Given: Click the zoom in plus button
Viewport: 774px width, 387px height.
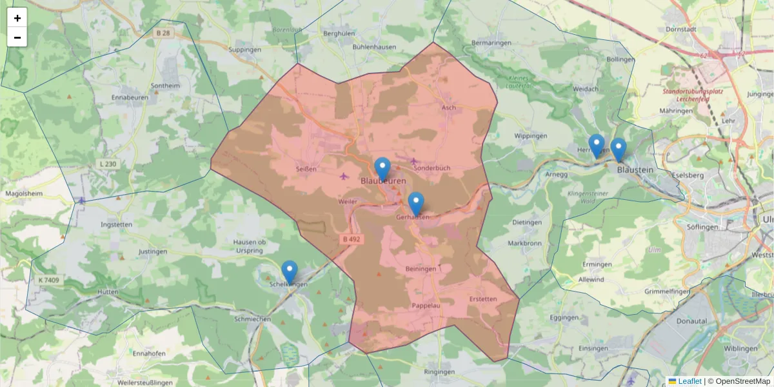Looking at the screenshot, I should [17, 18].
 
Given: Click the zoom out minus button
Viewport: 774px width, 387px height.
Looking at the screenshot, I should [17, 37].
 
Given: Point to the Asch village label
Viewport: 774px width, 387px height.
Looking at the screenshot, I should [449, 108].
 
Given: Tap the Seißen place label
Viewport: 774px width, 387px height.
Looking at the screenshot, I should [306, 169].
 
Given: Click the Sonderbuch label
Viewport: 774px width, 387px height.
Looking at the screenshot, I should [432, 168].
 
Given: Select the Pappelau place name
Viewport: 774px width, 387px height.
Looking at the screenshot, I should [426, 306].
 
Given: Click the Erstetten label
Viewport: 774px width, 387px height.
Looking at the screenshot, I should [483, 299].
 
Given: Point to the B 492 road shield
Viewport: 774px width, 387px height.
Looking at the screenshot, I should [352, 239].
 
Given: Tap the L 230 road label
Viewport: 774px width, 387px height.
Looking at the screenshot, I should [108, 164].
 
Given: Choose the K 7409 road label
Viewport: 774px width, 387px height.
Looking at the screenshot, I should [48, 280].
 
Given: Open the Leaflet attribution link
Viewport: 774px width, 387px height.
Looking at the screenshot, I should [690, 381].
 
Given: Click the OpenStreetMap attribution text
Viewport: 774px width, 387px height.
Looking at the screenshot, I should [742, 381].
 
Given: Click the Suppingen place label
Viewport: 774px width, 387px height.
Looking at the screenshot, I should [245, 49].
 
